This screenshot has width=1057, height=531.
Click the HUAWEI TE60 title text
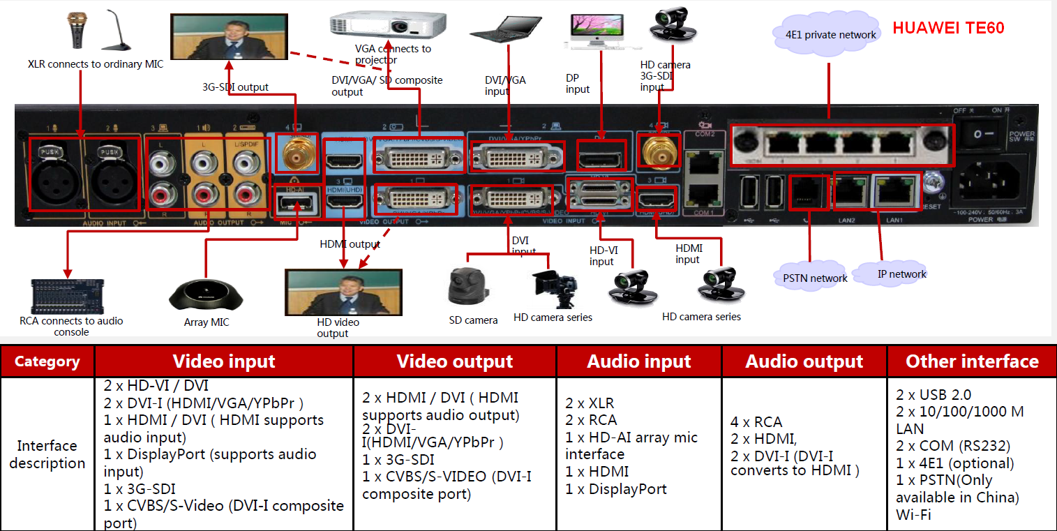click(x=948, y=29)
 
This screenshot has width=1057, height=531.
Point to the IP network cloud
click(x=901, y=274)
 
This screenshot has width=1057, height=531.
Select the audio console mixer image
click(x=67, y=297)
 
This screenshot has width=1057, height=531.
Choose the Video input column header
click(x=224, y=361)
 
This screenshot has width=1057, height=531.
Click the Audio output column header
click(x=804, y=361)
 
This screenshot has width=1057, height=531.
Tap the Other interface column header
click(x=972, y=361)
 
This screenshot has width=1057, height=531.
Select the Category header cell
click(x=47, y=361)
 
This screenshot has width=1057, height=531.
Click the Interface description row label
click(x=47, y=454)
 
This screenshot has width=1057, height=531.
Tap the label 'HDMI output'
click(x=350, y=244)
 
